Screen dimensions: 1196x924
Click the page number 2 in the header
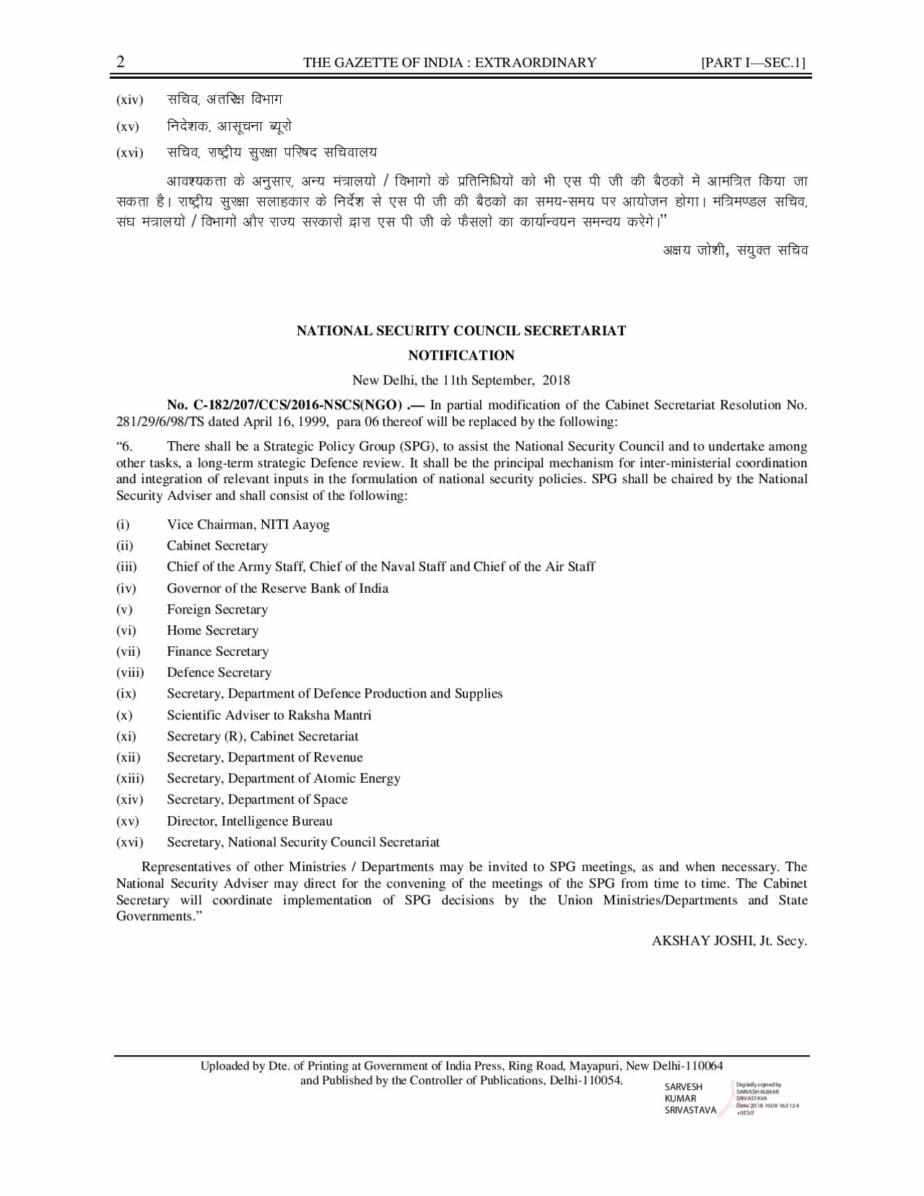pyautogui.click(x=121, y=62)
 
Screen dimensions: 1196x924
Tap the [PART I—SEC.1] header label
pyautogui.click(x=753, y=63)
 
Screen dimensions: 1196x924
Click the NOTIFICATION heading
pyautogui.click(x=461, y=355)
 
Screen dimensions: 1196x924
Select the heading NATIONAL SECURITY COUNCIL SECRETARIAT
pyautogui.click(x=461, y=331)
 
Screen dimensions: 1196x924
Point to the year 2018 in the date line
pyautogui.click(x=556, y=380)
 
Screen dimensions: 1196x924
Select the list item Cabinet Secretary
pyautogui.click(x=217, y=546)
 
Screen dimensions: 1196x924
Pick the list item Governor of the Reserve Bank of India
pyautogui.click(x=277, y=589)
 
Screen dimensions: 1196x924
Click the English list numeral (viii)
pyautogui.click(x=130, y=673)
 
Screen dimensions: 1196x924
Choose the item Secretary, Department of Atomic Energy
pyautogui.click(x=283, y=779)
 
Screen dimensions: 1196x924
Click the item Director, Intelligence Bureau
pyautogui.click(x=249, y=821)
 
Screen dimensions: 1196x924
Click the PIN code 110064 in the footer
pyautogui.click(x=704, y=1066)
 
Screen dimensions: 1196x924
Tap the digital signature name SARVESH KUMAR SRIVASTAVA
pyautogui.click(x=689, y=1098)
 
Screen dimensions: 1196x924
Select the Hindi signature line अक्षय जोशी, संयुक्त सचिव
pyautogui.click(x=735, y=251)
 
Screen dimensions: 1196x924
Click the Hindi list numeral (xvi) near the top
pyautogui.click(x=130, y=153)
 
